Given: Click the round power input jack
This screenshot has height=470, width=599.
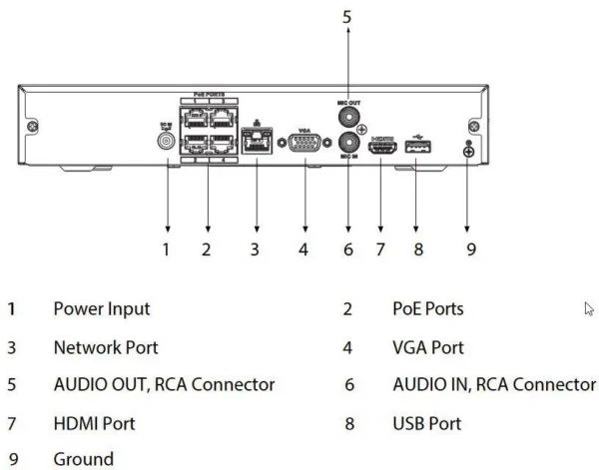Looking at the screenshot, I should [x=167, y=141].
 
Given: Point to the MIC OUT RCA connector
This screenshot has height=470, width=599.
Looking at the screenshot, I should [x=347, y=118].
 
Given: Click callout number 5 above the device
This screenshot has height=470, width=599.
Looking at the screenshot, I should [x=347, y=17].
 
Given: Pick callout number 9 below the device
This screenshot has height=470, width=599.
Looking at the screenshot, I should [x=470, y=248].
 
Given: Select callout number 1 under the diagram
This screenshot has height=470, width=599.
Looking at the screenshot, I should [x=167, y=248].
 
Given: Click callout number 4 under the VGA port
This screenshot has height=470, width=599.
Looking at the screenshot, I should [x=303, y=248].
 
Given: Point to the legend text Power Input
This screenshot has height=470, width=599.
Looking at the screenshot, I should [x=102, y=309].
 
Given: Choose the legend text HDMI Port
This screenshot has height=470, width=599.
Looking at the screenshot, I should [x=94, y=423].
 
